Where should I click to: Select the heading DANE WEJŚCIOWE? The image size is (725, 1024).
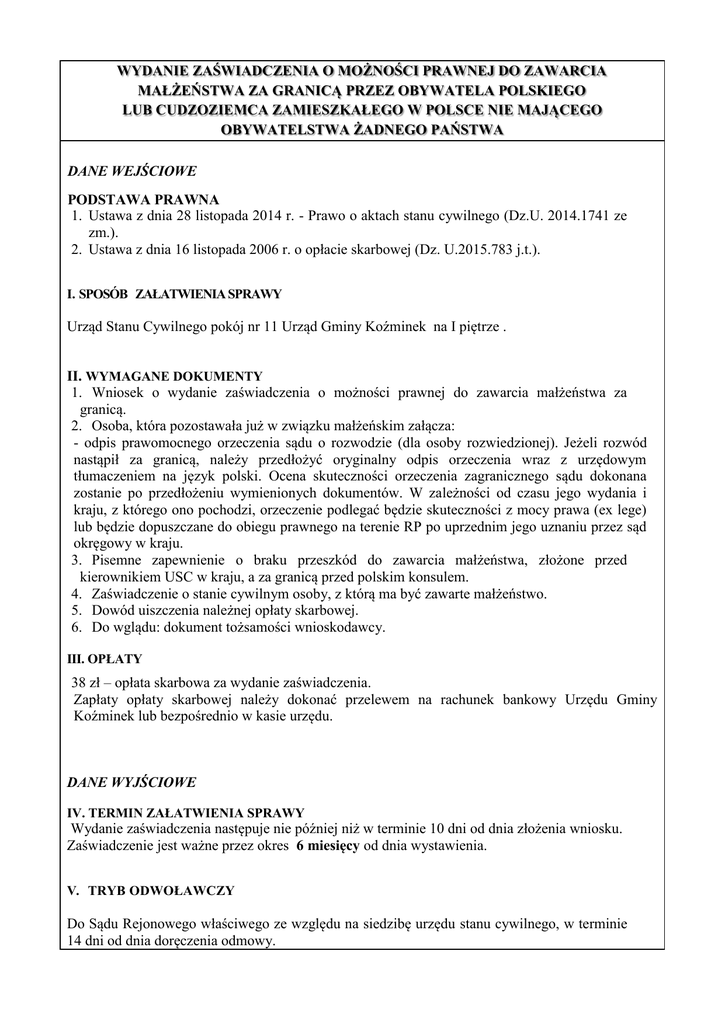(130, 170)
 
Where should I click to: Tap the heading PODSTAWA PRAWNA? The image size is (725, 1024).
(143, 199)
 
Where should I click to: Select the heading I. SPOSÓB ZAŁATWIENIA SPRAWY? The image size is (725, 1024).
(174, 295)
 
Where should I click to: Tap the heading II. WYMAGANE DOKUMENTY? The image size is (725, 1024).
(164, 376)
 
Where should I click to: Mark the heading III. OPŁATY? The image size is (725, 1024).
(104, 660)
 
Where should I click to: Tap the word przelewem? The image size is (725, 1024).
(393, 700)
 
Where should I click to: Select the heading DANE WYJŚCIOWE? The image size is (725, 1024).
(131, 782)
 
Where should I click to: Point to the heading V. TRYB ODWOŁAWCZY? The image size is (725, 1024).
(150, 889)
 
